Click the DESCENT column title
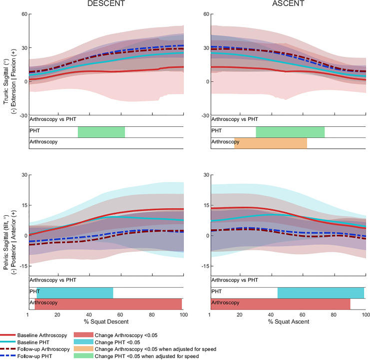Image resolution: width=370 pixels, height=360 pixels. point(106,3)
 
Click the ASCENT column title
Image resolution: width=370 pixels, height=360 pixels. point(288,3)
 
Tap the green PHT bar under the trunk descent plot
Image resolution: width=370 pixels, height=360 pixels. point(101,132)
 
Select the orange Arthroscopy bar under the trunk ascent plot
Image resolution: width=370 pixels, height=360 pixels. point(271,143)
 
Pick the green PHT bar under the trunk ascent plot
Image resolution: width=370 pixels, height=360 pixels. point(290,132)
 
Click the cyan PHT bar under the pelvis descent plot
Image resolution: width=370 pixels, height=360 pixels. point(75,293)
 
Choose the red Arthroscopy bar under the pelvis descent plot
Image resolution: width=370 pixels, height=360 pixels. point(108,304)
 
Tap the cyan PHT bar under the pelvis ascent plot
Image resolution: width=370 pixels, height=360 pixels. point(321,293)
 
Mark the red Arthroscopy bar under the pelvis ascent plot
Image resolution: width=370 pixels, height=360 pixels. point(281,304)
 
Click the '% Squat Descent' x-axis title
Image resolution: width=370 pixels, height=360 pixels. point(106,322)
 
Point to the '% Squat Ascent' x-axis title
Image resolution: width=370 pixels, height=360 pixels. point(289,322)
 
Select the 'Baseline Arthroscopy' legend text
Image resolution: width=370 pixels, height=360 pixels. point(42,335)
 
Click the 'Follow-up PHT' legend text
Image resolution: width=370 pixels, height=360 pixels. point(34,356)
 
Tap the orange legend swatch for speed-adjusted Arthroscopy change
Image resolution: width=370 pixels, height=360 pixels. point(83,349)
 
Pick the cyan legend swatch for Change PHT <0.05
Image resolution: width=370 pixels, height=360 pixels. point(83,342)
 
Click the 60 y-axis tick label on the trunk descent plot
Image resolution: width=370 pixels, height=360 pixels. point(24,14)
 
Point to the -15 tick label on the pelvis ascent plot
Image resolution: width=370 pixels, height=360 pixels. point(205,266)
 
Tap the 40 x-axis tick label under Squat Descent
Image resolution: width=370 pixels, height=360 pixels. point(89,315)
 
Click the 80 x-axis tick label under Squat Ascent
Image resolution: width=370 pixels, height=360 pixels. point(334,315)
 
